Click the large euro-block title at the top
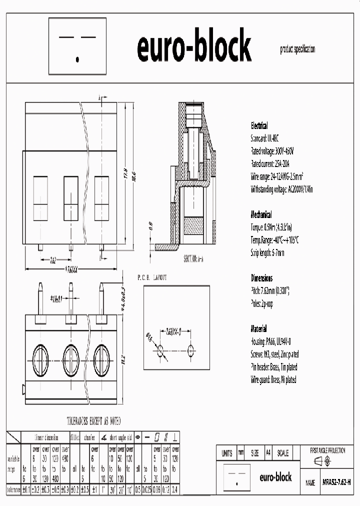[194, 46]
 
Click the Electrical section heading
[259, 126]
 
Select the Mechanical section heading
[261, 214]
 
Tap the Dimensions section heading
[261, 278]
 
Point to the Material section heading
[258, 329]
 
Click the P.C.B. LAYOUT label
[152, 276]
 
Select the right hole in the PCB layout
[190, 348]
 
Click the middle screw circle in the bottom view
[71, 357]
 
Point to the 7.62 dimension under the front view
[53, 260]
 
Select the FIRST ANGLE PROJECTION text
[327, 450]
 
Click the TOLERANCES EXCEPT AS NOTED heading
[94, 421]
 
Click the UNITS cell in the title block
[226, 453]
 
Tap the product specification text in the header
[297, 49]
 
